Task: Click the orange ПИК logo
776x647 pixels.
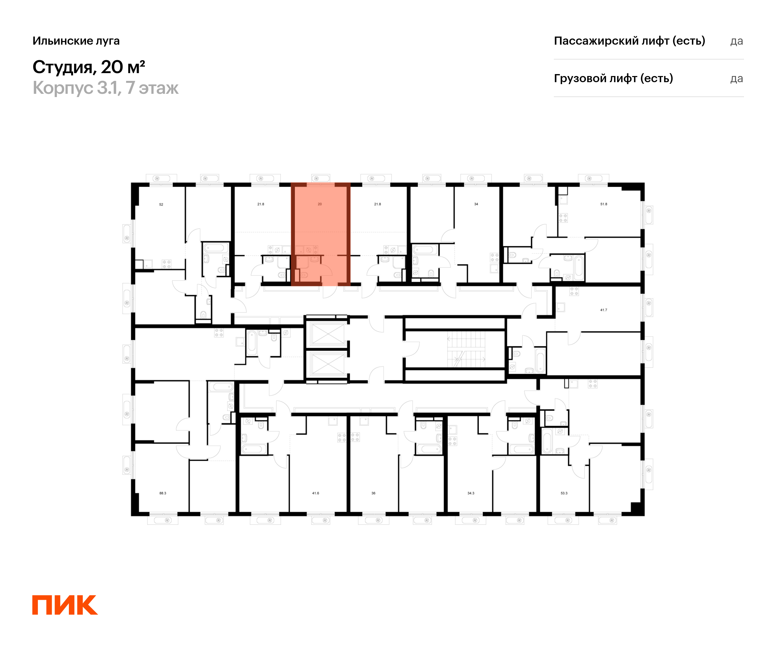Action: (65, 605)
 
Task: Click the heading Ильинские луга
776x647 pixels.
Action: (76, 41)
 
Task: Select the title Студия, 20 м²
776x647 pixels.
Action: (89, 67)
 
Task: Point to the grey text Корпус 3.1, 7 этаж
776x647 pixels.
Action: (105, 88)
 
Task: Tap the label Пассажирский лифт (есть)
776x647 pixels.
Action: (629, 41)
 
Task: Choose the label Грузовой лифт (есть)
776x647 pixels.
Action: (613, 78)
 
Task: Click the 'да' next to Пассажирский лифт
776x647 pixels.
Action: (737, 41)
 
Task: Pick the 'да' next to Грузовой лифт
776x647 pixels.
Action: (737, 79)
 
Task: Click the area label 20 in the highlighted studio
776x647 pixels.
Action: (320, 204)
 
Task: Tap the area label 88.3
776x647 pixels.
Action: (163, 493)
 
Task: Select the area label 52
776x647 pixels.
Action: (161, 204)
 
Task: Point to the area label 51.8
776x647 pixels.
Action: (603, 204)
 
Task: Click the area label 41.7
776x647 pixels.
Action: (603, 310)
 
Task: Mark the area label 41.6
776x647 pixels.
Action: (316, 493)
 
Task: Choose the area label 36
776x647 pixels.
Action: (373, 493)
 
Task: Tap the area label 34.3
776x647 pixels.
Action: (471, 493)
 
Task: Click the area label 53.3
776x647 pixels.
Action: (564, 493)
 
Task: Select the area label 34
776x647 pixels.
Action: (476, 204)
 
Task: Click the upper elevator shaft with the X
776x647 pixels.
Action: (328, 334)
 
